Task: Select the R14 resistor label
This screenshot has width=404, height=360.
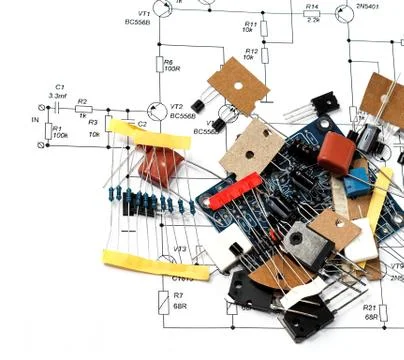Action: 311,6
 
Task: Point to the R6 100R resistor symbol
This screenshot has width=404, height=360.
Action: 157,66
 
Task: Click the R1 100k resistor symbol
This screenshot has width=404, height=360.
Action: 43,130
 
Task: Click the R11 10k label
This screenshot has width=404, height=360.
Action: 249,26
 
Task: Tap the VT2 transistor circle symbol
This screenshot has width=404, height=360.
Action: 155,114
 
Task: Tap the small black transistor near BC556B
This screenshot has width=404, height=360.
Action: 206,112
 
